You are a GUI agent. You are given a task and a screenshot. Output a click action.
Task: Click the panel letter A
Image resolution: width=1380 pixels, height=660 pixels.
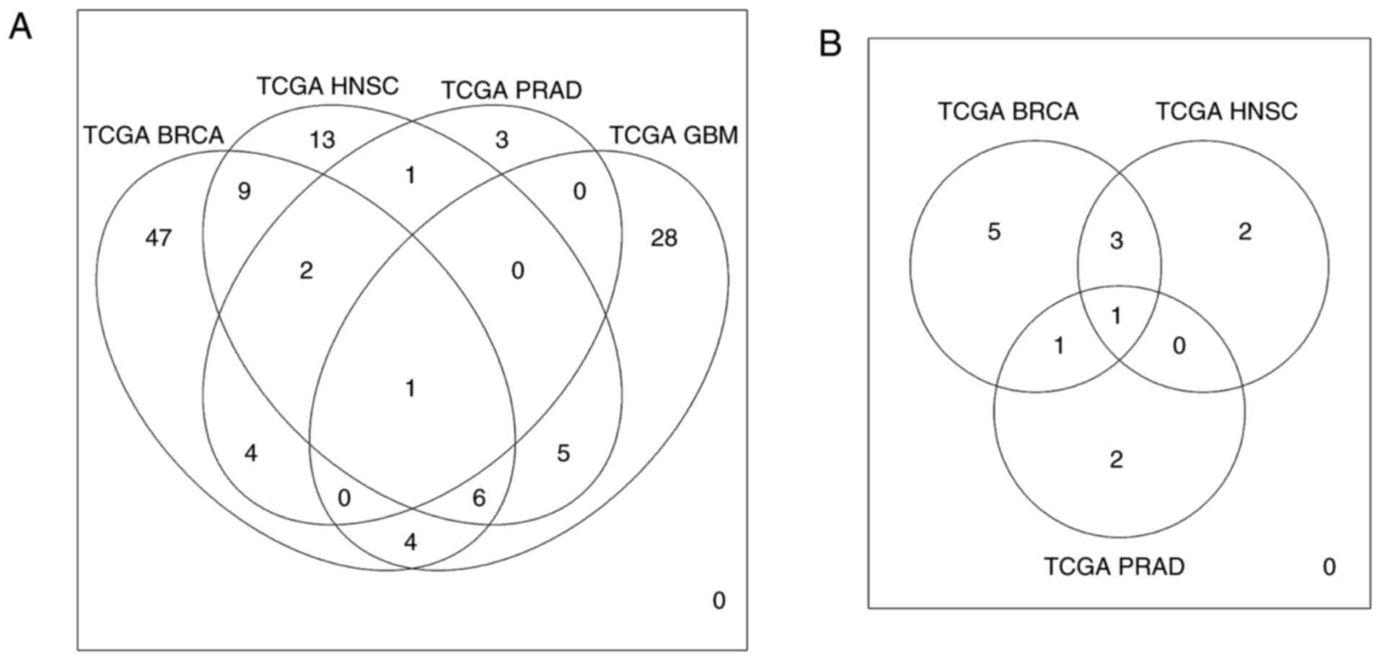(20, 28)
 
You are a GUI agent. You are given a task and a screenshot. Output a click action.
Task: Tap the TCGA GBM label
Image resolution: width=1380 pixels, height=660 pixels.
(674, 135)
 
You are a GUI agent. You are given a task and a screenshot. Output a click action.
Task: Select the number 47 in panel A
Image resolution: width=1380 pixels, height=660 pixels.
(159, 238)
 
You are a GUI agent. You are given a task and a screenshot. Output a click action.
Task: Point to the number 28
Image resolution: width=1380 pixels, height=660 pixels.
(664, 238)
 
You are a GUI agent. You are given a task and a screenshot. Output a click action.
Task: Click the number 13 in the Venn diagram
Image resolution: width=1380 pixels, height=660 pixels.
(322, 139)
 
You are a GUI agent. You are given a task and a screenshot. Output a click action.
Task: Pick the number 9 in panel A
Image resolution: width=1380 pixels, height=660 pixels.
(244, 191)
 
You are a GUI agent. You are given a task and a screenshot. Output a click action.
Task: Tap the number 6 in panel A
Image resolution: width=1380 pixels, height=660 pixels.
(479, 498)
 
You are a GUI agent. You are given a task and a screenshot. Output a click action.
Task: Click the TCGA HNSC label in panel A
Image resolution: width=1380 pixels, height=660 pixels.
(328, 87)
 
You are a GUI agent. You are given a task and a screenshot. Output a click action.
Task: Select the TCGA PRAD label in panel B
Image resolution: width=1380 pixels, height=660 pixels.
(1114, 567)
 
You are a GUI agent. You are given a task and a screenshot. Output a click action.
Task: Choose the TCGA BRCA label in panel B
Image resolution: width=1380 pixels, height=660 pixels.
(1008, 112)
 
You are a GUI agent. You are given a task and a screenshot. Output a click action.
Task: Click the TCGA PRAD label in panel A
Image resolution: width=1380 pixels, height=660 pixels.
(511, 90)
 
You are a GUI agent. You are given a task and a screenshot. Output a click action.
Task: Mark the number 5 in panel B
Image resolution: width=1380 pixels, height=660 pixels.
(994, 232)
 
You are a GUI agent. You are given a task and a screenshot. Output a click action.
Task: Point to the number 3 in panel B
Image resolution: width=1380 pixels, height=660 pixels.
(1117, 240)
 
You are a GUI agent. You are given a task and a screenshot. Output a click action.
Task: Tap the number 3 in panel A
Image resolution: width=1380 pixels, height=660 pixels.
(502, 139)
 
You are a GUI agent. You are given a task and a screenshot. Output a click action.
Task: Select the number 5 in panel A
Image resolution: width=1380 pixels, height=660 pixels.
(563, 453)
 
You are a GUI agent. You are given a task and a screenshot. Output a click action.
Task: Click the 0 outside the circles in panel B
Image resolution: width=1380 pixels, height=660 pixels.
(1329, 567)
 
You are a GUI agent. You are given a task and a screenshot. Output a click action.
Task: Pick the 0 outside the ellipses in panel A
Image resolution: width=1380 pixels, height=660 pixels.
(718, 601)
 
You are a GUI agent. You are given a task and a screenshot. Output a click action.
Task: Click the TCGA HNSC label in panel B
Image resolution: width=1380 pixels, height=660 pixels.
(1226, 112)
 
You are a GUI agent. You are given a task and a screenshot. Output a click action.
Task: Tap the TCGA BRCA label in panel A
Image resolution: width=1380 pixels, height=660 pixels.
(154, 135)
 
